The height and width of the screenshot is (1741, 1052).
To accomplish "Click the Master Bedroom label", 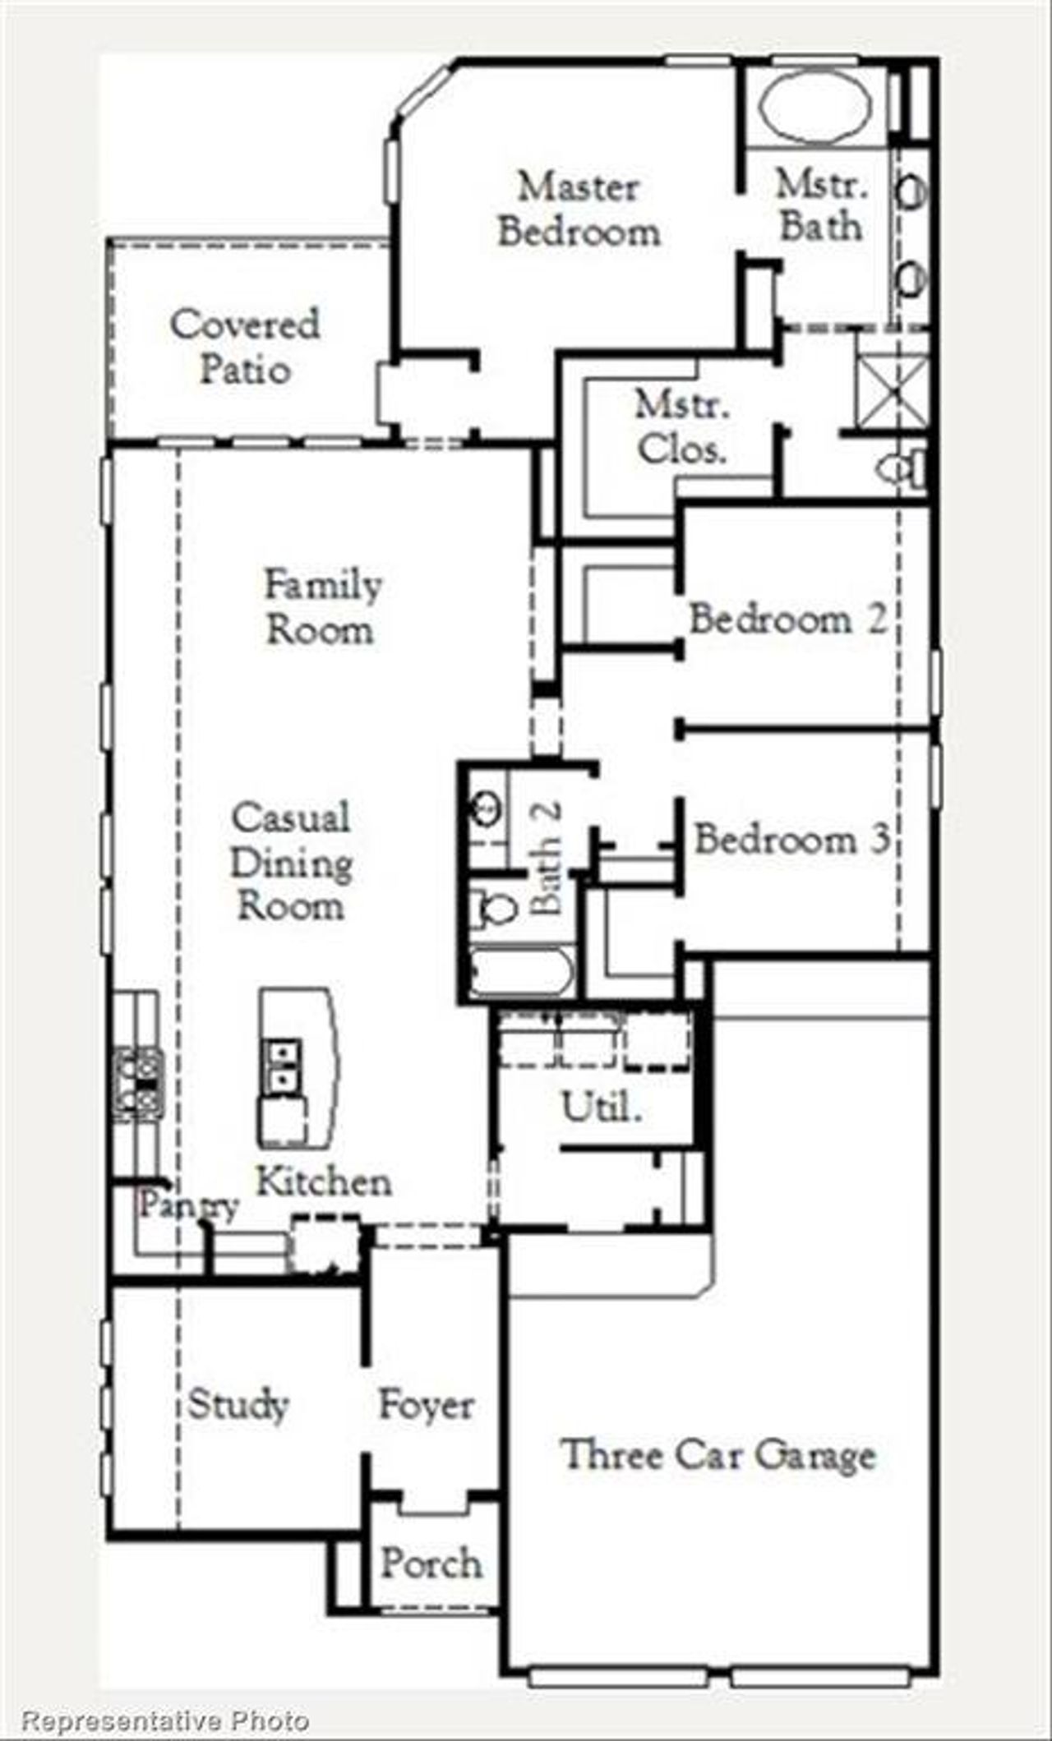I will pyautogui.click(x=579, y=210).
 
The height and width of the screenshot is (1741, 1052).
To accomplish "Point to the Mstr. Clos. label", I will pyautogui.click(x=682, y=427).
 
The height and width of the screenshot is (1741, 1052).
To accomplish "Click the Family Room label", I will pyautogui.click(x=323, y=608).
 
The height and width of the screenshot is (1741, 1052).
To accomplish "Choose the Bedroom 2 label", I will pyautogui.click(x=787, y=619).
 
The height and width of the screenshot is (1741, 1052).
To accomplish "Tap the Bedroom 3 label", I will pyautogui.click(x=791, y=839).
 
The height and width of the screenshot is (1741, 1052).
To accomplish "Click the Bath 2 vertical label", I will pyautogui.click(x=547, y=858).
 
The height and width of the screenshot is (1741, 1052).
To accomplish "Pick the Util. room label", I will pyautogui.click(x=601, y=1107).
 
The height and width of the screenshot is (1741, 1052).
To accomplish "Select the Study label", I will pyautogui.click(x=238, y=1403).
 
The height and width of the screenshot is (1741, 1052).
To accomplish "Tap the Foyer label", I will pyautogui.click(x=426, y=1405).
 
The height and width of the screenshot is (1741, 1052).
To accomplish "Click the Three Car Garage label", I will pyautogui.click(x=717, y=1455).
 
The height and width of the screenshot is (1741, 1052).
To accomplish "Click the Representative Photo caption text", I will pyautogui.click(x=165, y=1720).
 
